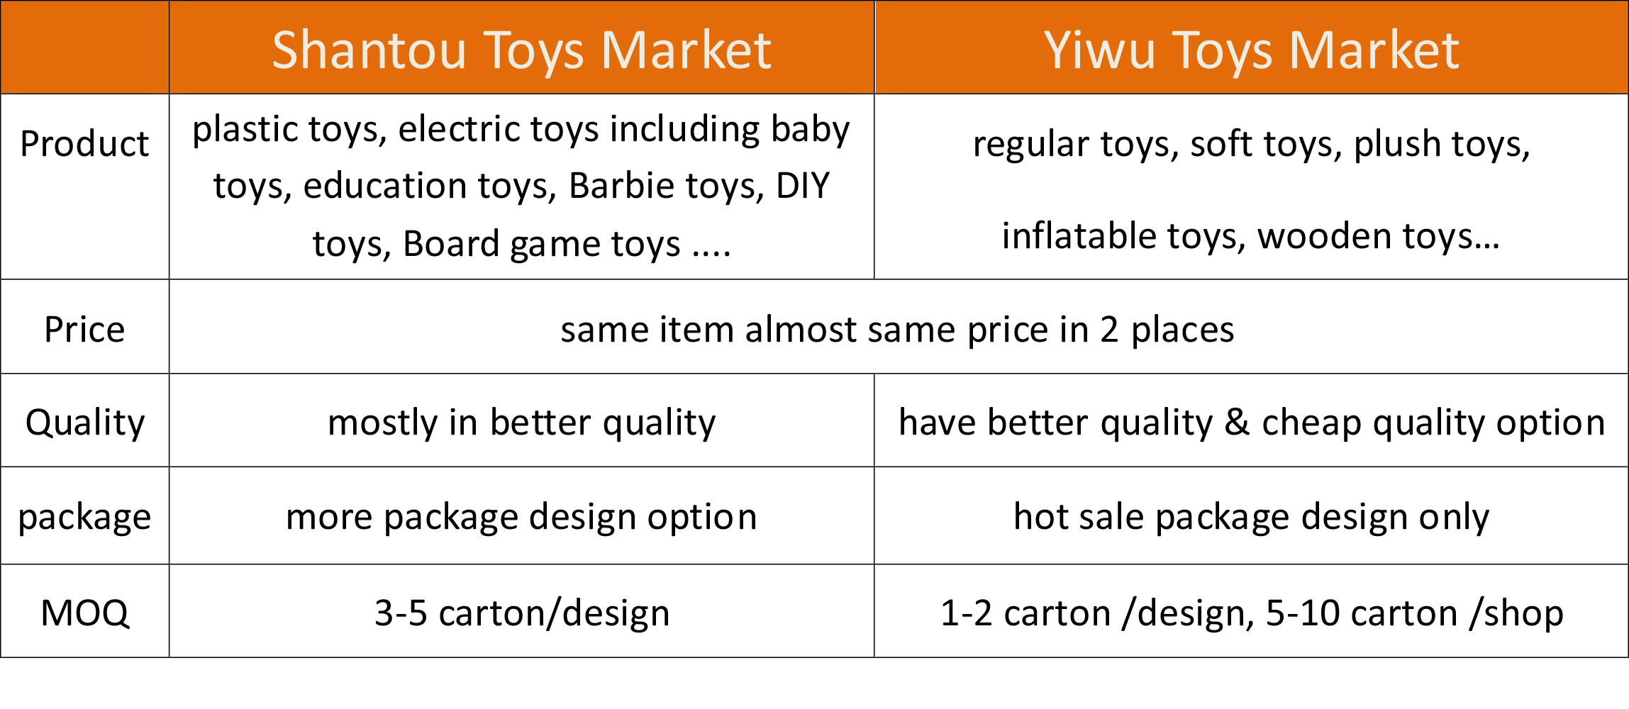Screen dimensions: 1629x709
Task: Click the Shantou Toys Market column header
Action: pos(521,51)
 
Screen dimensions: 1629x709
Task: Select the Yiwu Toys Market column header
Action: pos(1252,51)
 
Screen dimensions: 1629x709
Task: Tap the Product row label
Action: pos(84,144)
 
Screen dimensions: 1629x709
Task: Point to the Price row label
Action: pos(84,330)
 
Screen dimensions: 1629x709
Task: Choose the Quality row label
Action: pos(85,423)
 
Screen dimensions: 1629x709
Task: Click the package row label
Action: pos(84,518)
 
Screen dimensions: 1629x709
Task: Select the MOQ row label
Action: pos(85,613)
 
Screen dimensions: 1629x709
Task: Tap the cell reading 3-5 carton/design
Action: pos(522,613)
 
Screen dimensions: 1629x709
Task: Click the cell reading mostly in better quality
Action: pos(522,423)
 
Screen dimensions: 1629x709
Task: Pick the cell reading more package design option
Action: pos(522,518)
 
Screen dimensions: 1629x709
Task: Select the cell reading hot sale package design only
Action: pos(1252,518)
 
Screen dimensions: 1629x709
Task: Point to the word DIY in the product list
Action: pos(803,186)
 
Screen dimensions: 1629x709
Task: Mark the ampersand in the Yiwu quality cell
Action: pos(1237,423)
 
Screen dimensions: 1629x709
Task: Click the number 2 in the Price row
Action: pos(1110,330)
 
